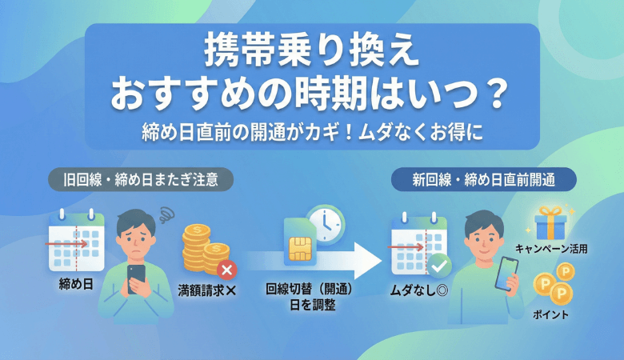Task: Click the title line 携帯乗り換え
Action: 311,58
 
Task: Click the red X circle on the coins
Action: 228,270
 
